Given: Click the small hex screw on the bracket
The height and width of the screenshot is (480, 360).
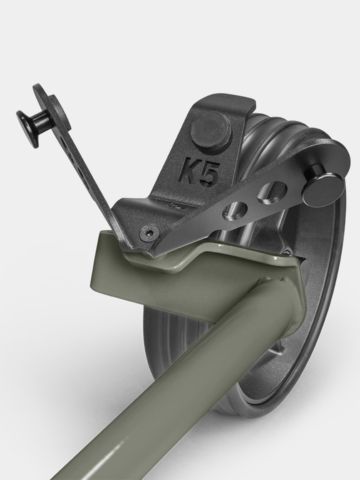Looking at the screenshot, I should click(x=149, y=231).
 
